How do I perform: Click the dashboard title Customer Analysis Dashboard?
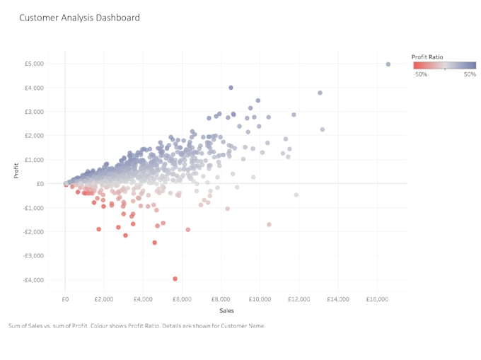(79, 18)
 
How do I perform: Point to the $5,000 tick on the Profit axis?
(35, 64)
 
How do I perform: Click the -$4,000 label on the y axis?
(33, 280)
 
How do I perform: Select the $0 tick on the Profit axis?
(40, 184)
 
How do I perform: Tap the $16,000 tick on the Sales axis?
(378, 300)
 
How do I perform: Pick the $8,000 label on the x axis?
(221, 300)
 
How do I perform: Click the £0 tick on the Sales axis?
(65, 300)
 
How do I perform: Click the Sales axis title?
(226, 310)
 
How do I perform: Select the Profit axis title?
(16, 171)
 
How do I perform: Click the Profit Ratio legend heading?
(429, 55)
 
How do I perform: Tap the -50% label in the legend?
(420, 74)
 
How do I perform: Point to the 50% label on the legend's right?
(470, 74)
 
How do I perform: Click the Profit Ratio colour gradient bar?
(445, 64)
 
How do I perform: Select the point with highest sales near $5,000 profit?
(388, 64)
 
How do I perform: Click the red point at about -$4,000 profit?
(175, 279)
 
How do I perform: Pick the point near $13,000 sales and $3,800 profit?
(320, 93)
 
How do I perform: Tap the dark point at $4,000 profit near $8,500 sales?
(231, 88)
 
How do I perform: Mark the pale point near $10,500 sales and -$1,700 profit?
(269, 224)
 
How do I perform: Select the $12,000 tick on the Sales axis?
(300, 300)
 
